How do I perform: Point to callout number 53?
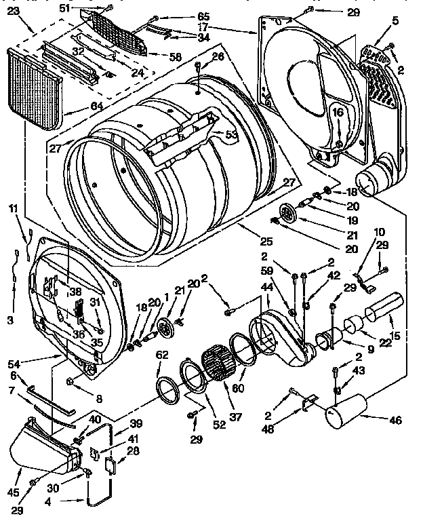231,135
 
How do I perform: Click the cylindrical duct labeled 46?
344,413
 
